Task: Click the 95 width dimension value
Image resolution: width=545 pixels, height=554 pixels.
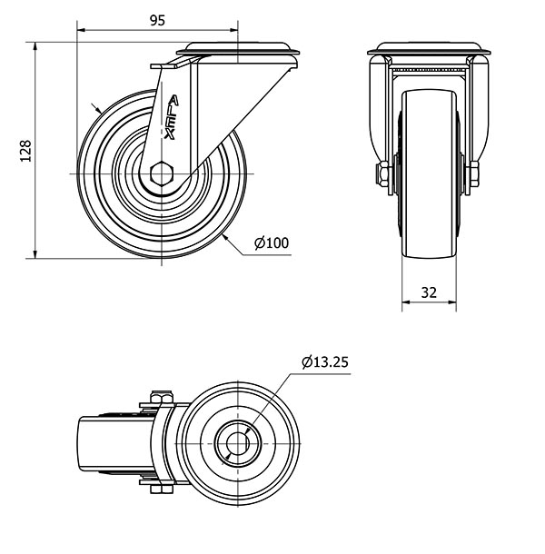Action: pos(157,21)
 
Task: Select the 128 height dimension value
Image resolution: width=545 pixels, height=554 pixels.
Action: pos(25,151)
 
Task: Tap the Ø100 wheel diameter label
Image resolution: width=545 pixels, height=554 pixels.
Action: pos(272,243)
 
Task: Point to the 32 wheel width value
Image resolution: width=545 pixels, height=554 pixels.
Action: pos(429,292)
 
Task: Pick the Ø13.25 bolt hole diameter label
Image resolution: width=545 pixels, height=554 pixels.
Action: pos(325,361)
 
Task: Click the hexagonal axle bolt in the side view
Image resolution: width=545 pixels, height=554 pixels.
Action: pos(161,173)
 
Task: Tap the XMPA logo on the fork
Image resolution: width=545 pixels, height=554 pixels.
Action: pos(172,118)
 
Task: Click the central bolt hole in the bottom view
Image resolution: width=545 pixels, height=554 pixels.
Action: pos(238,443)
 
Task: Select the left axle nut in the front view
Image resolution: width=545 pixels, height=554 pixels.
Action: pos(383,175)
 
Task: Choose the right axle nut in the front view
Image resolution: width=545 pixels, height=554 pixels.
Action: pos(474,174)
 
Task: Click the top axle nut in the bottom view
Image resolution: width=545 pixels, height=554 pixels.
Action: pos(161,397)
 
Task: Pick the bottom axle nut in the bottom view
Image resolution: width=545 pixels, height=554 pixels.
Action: pos(161,490)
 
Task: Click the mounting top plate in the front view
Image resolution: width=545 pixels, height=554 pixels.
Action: pos(429,48)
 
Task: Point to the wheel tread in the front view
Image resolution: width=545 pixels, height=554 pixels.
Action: pos(429,173)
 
